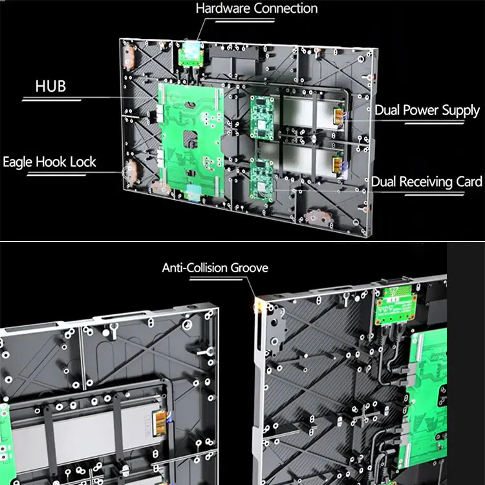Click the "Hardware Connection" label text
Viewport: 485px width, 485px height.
click(x=257, y=9)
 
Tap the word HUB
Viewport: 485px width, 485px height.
click(x=51, y=86)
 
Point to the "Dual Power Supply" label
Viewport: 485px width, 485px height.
click(x=427, y=110)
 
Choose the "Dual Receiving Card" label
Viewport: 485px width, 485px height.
click(x=426, y=182)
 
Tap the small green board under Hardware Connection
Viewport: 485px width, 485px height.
click(x=191, y=54)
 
